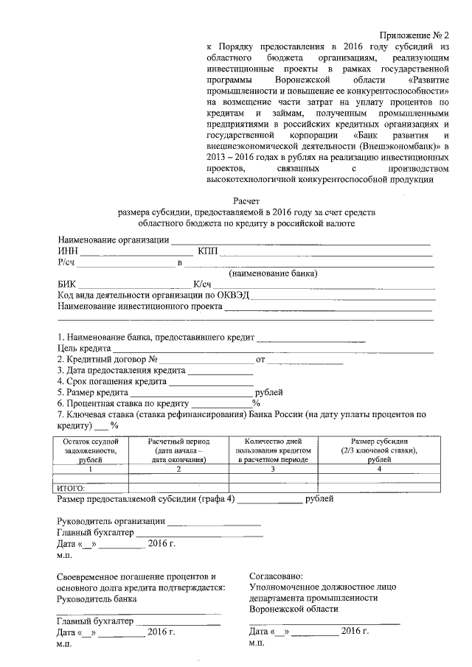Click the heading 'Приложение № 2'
point(415,35)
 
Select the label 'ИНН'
point(67,252)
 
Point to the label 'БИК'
point(66,284)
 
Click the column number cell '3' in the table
point(273,469)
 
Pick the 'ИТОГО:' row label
point(72,487)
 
